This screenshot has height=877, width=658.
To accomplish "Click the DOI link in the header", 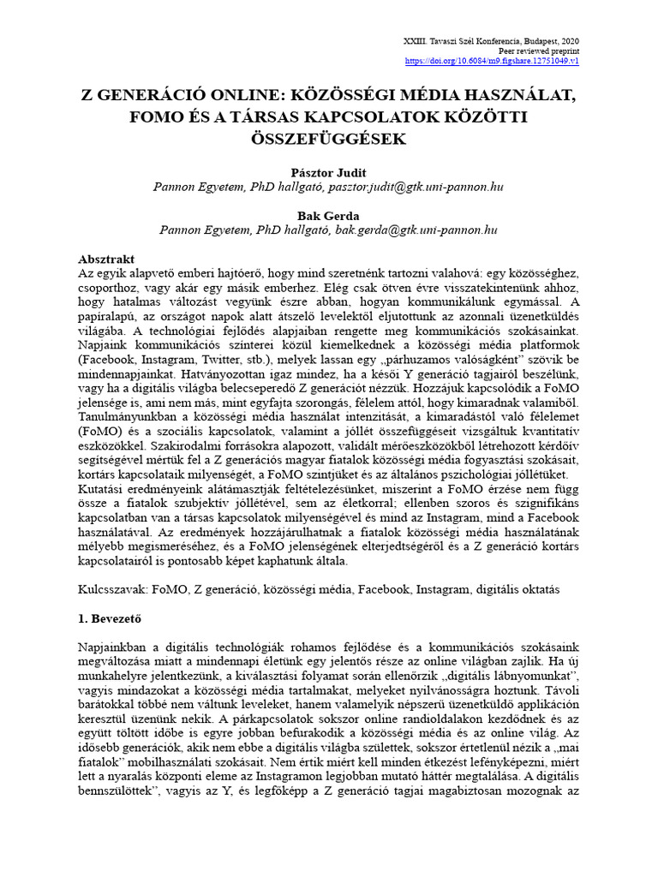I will [x=491, y=62].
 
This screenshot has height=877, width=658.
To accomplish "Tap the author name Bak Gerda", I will [x=329, y=215].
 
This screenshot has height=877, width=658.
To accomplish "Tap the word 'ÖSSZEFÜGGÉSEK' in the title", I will [x=329, y=138].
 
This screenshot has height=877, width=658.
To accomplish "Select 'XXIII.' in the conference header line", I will [x=413, y=41].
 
